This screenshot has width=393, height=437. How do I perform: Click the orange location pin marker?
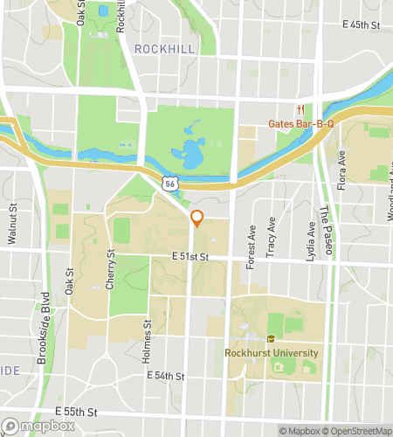(x=197, y=218)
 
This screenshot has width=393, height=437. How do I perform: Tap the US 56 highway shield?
(x=171, y=182)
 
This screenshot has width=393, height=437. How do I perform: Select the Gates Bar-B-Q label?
(x=303, y=123)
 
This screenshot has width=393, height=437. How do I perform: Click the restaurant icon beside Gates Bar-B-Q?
(x=300, y=109)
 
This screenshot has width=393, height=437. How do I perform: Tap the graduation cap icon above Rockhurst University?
(x=271, y=339)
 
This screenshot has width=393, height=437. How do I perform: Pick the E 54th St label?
(x=167, y=376)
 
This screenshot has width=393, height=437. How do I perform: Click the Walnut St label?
(x=13, y=225)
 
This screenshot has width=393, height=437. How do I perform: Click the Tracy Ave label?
(x=272, y=236)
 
